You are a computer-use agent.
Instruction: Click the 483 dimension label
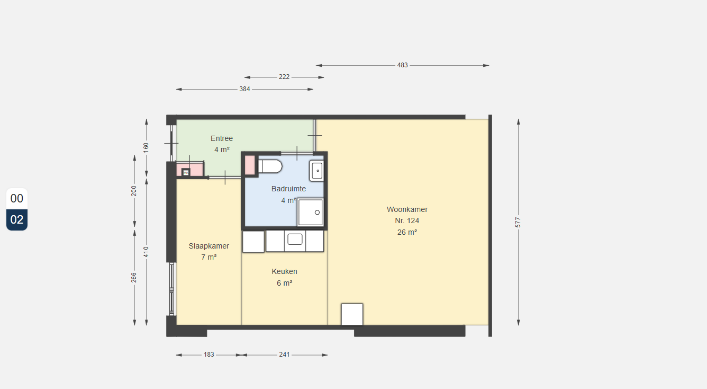(402, 65)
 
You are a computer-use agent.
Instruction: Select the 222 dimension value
(284, 77)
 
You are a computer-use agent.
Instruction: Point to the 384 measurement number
(244, 89)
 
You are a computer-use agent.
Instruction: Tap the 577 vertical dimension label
(518, 222)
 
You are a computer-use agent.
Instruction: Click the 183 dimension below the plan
(209, 355)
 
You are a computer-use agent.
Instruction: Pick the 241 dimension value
(284, 355)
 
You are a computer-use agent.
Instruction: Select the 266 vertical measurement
(134, 278)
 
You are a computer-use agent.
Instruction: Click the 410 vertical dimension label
(146, 252)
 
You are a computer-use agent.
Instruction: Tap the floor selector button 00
(17, 198)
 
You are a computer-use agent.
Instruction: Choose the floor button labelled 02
(17, 219)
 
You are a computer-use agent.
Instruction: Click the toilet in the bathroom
(270, 166)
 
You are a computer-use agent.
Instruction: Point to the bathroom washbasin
(316, 171)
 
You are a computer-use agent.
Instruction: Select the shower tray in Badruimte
(310, 212)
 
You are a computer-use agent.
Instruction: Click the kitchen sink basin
(295, 239)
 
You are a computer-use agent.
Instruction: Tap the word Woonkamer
(407, 209)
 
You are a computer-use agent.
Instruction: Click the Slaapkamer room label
(209, 246)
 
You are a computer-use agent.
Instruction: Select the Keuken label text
(284, 271)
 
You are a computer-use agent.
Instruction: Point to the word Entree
(222, 138)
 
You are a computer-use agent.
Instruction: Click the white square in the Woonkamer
(352, 314)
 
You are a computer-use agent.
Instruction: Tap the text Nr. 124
(407, 220)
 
